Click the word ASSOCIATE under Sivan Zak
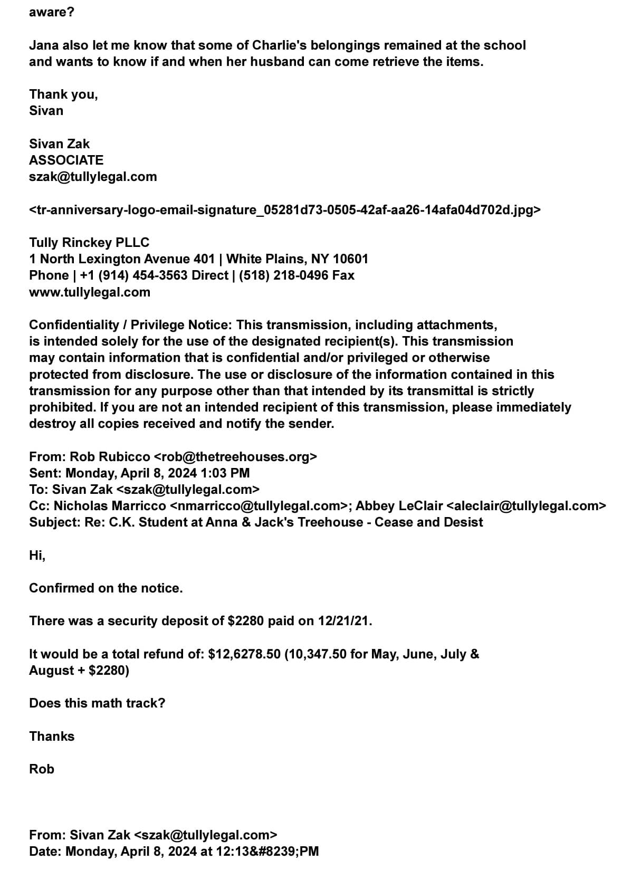66,160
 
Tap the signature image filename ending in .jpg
285,210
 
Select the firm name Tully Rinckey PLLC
89,242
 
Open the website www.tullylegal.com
90,292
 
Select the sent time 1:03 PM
225,473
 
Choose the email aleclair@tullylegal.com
526,505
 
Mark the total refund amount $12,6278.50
244,654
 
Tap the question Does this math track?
97,703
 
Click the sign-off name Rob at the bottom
42,769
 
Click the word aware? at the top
52,12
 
